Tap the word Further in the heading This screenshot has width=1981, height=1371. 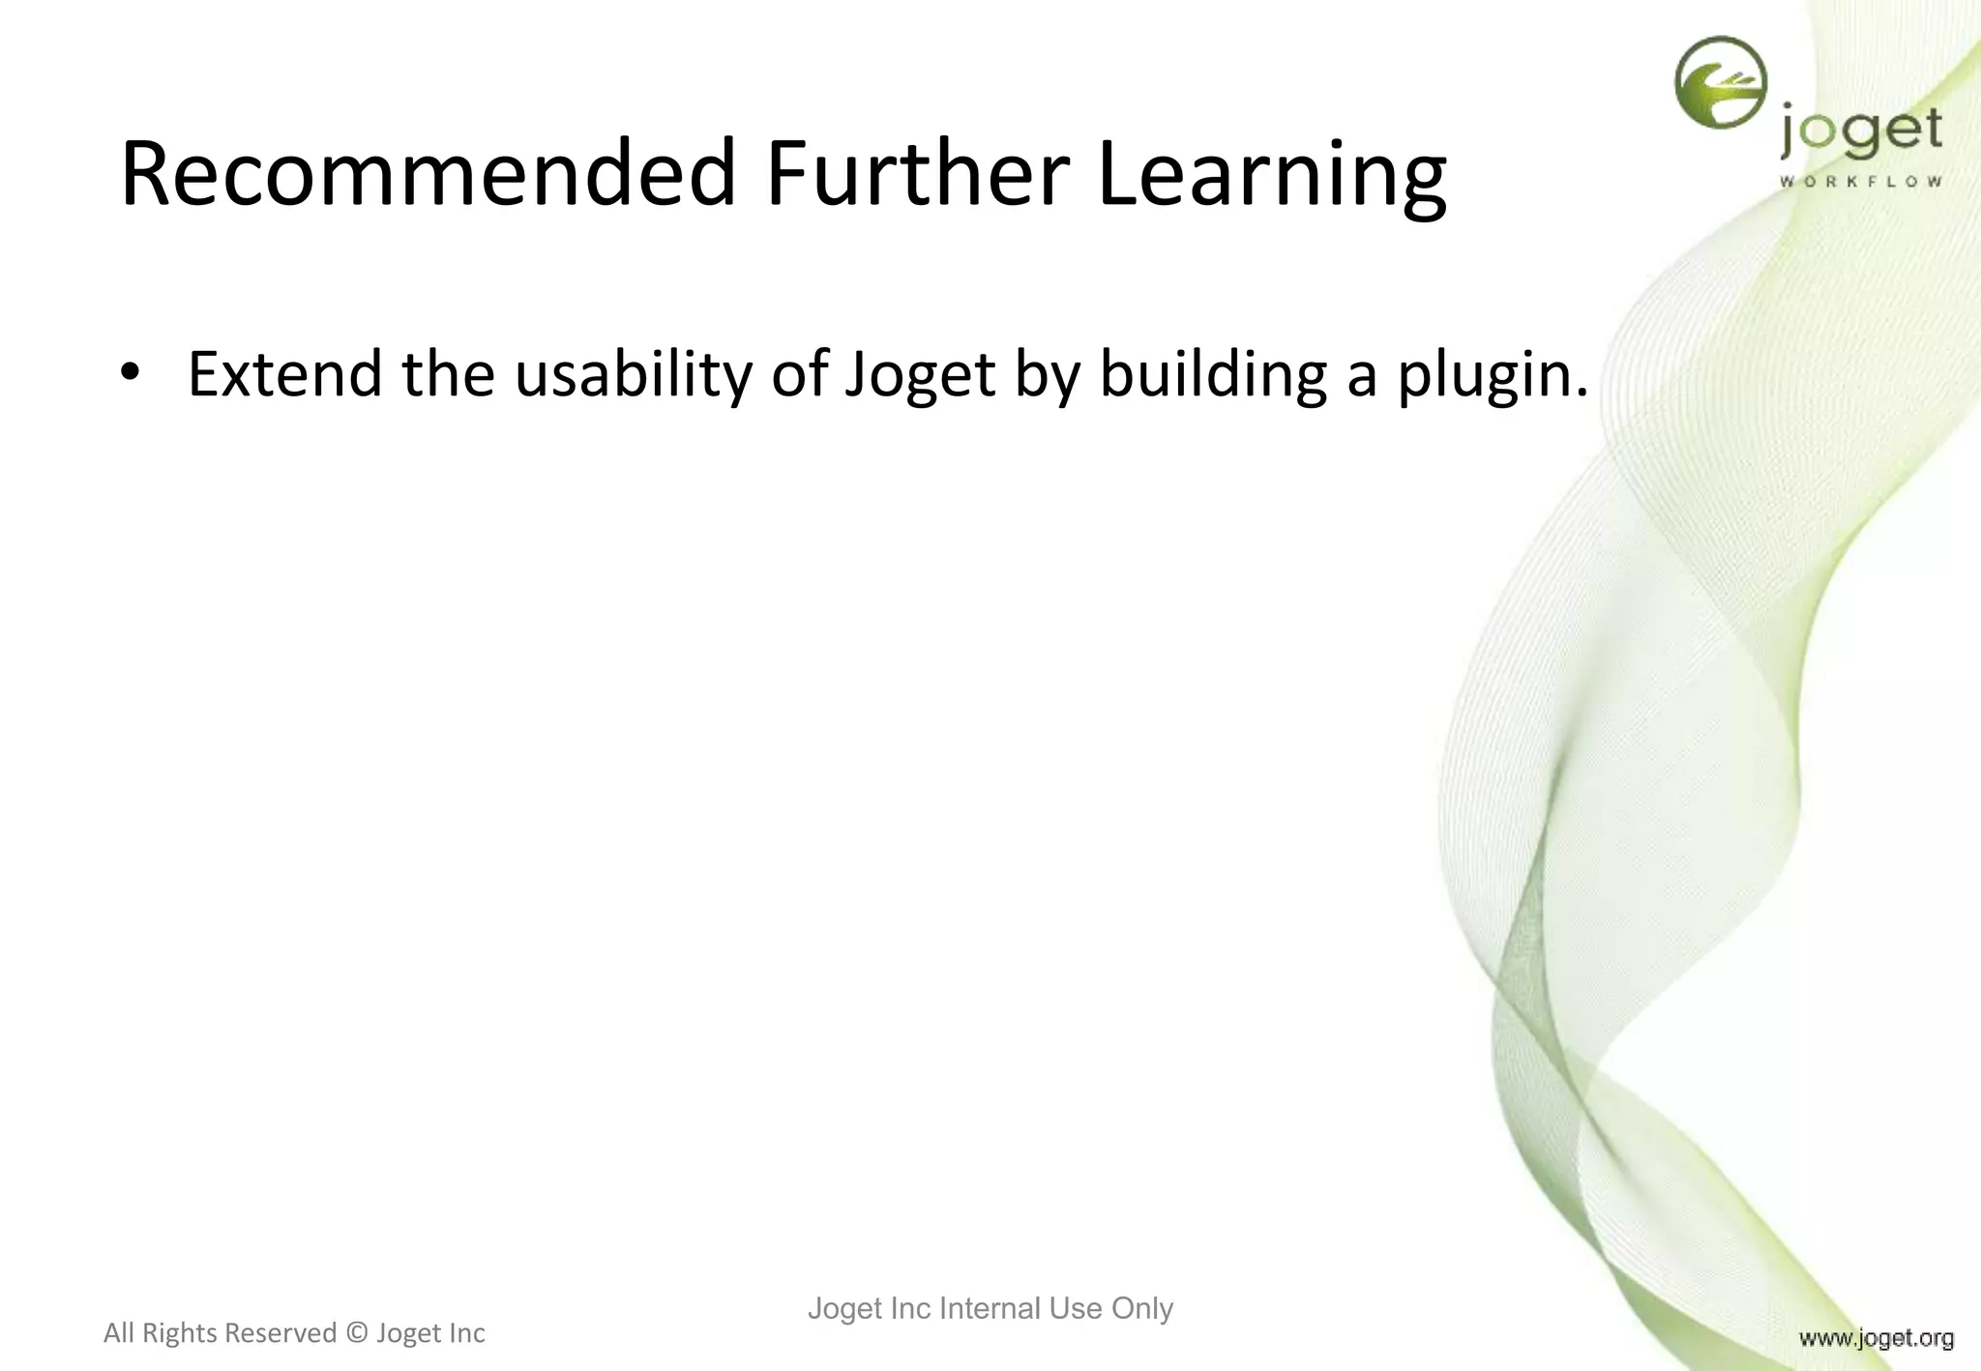coord(917,174)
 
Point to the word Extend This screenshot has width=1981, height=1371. coord(284,374)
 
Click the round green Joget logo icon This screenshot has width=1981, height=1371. coord(1720,83)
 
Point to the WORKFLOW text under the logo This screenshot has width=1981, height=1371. coord(1860,182)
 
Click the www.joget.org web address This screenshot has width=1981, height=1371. coord(1876,1338)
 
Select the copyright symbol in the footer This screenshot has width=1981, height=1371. coord(356,1333)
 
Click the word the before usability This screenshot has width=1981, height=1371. coord(448,374)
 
